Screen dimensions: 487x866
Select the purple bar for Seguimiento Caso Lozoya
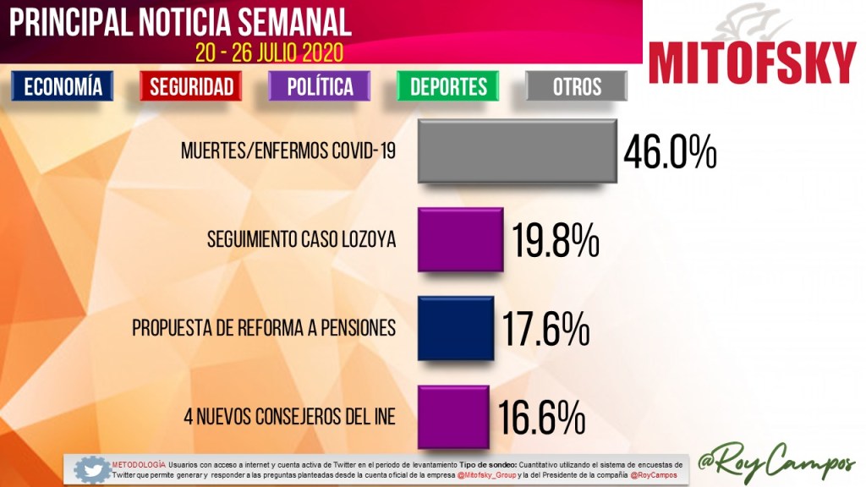(x=460, y=239)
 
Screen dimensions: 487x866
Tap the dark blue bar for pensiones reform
(x=455, y=328)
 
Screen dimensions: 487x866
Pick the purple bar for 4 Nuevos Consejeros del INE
(x=453, y=416)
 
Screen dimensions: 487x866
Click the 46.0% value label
(x=670, y=154)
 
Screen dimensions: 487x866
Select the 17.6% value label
(x=547, y=331)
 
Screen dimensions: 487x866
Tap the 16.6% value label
(x=542, y=417)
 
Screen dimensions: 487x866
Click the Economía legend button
(x=63, y=86)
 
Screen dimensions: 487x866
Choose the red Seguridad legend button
(x=191, y=86)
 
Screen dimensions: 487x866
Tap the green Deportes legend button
(x=448, y=86)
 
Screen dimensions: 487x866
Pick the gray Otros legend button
(x=577, y=86)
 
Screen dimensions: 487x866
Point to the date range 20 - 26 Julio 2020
(x=269, y=52)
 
